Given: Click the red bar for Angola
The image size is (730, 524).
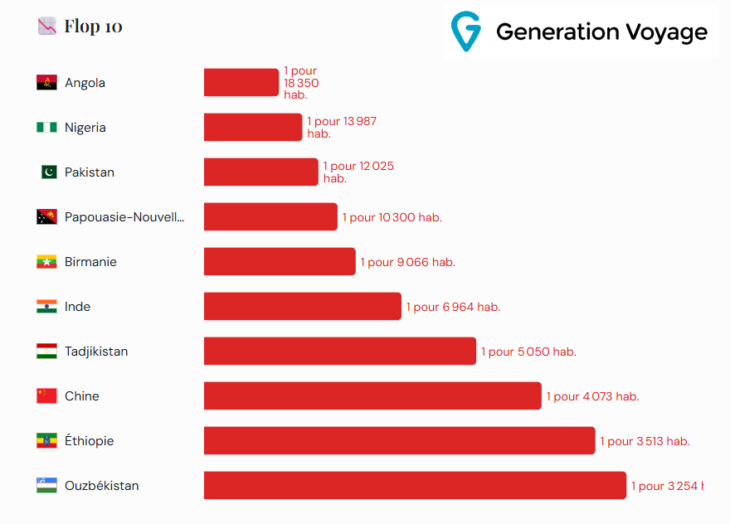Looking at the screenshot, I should click(x=241, y=82).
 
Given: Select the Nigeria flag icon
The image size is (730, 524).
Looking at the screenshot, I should click(x=46, y=128).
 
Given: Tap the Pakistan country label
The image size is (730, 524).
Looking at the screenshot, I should click(x=90, y=172).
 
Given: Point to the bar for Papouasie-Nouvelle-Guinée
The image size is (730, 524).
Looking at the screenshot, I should click(x=270, y=217).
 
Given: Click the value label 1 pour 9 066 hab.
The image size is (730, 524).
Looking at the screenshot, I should click(x=407, y=262).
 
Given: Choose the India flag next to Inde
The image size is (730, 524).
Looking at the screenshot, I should click(x=46, y=307).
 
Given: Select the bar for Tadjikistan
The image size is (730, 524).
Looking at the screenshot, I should click(x=340, y=352).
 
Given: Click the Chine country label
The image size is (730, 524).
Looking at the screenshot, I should click(x=82, y=396).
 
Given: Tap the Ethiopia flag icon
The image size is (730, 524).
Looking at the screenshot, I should click(x=46, y=441).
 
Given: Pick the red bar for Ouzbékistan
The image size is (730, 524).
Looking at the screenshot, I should click(x=415, y=486).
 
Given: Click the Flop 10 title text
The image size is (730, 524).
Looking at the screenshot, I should click(x=93, y=27).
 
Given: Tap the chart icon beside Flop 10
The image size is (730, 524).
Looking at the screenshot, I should click(x=47, y=26).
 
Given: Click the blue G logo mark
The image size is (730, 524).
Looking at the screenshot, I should click(x=465, y=32).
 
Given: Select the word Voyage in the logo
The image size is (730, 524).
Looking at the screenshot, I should click(x=664, y=32).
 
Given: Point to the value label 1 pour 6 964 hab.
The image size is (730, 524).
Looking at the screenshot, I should click(x=453, y=307).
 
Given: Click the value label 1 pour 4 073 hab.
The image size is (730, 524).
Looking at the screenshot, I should click(x=592, y=396).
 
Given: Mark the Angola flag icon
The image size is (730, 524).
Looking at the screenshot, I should click(x=46, y=83).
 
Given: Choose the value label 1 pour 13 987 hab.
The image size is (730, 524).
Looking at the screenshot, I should click(x=341, y=127).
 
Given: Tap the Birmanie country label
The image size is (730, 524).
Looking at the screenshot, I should click(x=90, y=262).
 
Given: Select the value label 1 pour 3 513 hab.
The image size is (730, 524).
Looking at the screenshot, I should click(x=645, y=441).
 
